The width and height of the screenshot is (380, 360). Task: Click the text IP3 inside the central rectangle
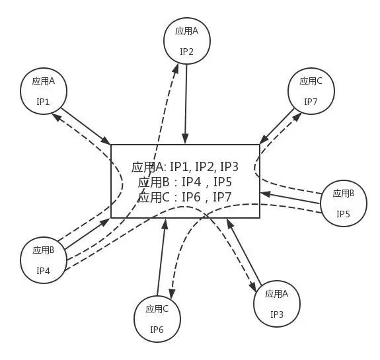[229, 166]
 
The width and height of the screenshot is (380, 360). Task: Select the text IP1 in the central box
[180, 166]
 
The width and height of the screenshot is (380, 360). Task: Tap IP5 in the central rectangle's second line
[223, 182]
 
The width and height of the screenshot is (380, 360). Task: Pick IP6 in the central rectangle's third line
[191, 197]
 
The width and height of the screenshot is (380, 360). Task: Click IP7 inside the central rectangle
[222, 197]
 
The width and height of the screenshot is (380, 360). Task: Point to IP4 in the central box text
[192, 182]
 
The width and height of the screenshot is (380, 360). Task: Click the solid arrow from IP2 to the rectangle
[186, 104]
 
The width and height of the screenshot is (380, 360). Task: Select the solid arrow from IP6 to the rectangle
[161, 257]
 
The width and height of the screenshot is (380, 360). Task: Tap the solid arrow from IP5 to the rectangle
[290, 198]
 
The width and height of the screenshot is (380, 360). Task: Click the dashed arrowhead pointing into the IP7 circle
[297, 118]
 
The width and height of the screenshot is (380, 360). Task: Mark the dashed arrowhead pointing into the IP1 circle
[57, 118]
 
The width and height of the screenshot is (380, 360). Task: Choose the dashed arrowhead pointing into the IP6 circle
[172, 294]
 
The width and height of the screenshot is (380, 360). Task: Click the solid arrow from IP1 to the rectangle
[85, 126]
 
